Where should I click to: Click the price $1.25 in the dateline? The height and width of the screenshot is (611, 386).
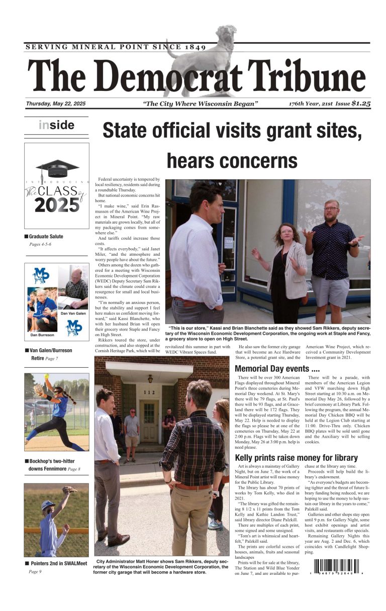361,104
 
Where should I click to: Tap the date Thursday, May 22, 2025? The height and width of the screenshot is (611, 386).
56,104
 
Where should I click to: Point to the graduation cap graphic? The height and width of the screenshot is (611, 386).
57,169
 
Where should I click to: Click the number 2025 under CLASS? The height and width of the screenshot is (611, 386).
57,205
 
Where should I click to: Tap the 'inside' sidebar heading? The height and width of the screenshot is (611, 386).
56,125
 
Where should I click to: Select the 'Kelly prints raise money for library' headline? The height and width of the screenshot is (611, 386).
296,458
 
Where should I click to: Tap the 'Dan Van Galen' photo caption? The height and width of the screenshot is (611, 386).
74,314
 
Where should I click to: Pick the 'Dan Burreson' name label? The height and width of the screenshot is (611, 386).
42,335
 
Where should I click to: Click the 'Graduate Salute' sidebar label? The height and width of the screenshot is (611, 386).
46,236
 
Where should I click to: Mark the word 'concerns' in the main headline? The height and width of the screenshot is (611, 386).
232,161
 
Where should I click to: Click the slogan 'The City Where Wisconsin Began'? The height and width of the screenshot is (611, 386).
201,104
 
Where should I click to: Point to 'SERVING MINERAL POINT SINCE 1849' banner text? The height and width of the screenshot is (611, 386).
115,47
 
